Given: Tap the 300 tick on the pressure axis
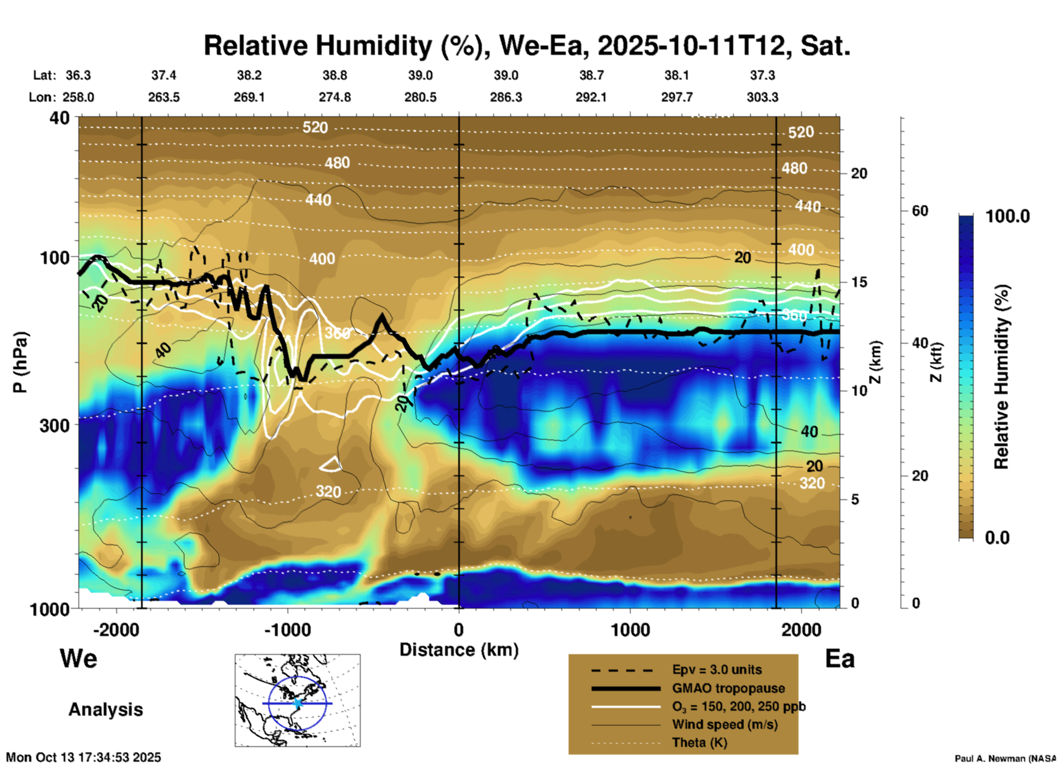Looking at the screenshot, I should (55, 425).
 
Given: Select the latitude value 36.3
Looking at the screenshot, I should (78, 75).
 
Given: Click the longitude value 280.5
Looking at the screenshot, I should (420, 97).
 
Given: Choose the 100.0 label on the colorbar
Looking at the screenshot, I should (1008, 216).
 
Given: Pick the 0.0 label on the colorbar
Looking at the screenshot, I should (997, 538).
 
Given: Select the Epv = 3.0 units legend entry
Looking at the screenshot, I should (717, 670).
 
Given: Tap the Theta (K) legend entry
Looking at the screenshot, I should (699, 743).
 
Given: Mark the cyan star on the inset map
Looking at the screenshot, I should (297, 703).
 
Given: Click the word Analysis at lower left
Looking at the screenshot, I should (105, 710).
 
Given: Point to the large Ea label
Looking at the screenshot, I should (840, 659).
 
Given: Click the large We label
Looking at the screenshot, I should (78, 659).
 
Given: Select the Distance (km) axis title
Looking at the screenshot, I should (459, 650).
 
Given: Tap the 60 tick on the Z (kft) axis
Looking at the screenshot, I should (920, 211).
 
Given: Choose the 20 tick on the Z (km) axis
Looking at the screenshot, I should (859, 174).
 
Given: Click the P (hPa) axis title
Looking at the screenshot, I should (20, 362).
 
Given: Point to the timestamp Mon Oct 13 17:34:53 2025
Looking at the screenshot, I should (83, 757).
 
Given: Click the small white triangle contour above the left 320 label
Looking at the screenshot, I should (330, 465).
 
